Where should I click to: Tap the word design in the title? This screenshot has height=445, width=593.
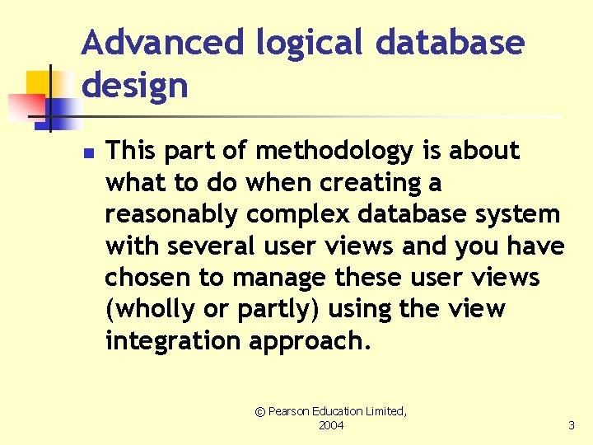coord(135,86)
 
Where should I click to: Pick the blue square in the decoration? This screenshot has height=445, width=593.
coord(63,109)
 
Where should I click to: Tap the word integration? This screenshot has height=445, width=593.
coord(173,341)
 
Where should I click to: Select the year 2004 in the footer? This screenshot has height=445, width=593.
coord(331,425)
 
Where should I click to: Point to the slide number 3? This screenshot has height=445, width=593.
coord(571,425)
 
